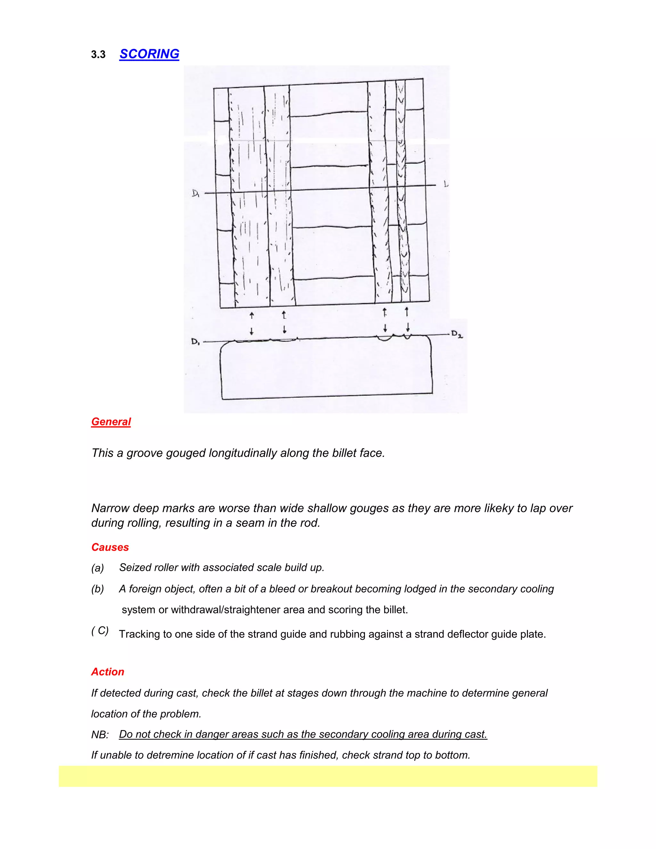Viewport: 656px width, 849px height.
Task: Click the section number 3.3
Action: point(98,55)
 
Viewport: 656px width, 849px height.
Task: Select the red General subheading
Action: point(111,422)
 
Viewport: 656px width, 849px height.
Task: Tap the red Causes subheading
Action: point(110,547)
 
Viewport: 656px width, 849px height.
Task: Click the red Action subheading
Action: point(108,672)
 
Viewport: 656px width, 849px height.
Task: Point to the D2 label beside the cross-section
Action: point(457,334)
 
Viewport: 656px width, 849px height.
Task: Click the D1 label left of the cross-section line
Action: point(195,342)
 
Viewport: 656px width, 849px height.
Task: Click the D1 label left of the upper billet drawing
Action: point(195,193)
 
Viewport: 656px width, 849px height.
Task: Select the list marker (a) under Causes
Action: point(98,568)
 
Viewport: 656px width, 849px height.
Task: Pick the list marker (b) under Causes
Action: point(98,589)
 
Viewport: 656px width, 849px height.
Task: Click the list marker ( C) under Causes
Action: point(100,631)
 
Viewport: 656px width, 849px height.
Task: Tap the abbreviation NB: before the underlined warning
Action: point(100,735)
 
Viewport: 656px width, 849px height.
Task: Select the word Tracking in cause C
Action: point(139,634)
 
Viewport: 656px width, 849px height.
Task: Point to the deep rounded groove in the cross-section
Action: point(385,339)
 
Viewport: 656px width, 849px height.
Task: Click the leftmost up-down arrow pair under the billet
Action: point(251,323)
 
